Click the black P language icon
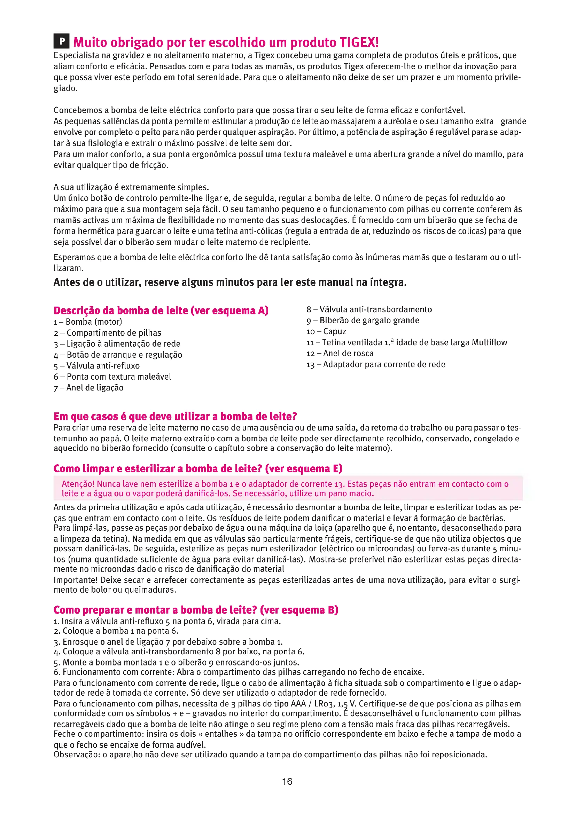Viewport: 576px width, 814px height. (x=61, y=41)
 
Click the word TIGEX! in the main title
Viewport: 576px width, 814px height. (x=359, y=42)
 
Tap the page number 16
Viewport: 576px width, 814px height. (x=287, y=781)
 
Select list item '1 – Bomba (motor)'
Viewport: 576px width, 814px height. (x=88, y=322)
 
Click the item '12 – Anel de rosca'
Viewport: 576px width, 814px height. (x=340, y=353)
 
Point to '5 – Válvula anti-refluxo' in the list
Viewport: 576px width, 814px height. (x=97, y=365)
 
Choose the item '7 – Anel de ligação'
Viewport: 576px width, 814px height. (x=89, y=387)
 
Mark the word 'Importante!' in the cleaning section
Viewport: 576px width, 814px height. (x=76, y=580)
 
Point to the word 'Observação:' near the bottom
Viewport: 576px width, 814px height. (x=77, y=754)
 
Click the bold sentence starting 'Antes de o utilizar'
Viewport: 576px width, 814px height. (x=230, y=282)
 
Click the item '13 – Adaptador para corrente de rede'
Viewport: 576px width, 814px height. (x=376, y=364)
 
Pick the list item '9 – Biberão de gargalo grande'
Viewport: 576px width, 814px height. (x=363, y=320)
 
